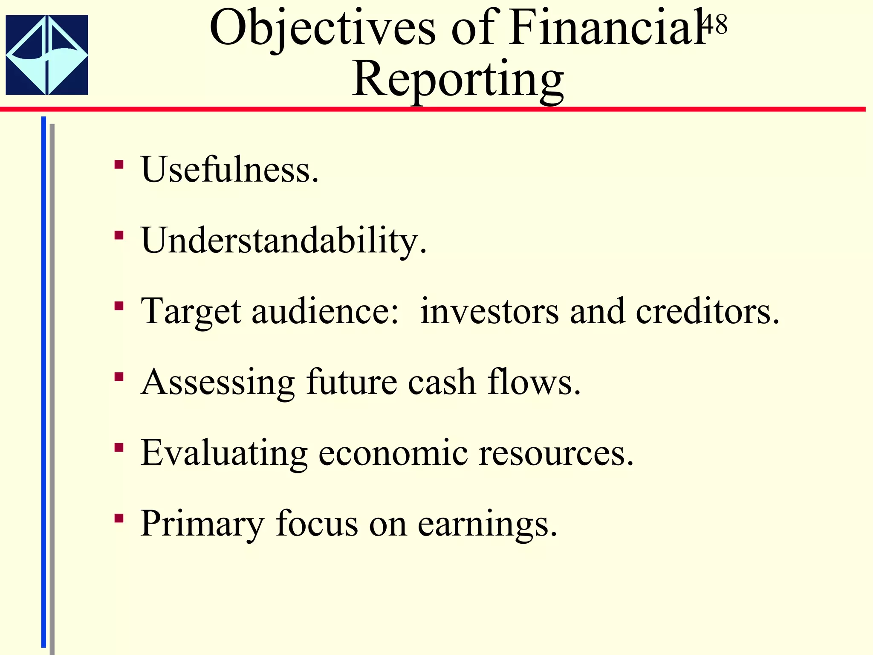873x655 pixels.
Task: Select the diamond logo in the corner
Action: [47, 55]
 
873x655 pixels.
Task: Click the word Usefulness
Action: [230, 169]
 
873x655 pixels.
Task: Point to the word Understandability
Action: [283, 241]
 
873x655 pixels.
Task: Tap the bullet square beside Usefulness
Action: [119, 164]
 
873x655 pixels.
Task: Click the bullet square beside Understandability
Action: [119, 235]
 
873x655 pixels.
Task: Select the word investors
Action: [489, 311]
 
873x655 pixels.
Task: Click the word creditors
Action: [707, 311]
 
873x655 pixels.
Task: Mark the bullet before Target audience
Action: [119, 306]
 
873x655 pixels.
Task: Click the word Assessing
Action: [217, 383]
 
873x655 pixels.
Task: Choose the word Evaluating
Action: [224, 453]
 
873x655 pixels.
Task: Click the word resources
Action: [556, 453]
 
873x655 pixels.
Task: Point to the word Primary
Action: [202, 524]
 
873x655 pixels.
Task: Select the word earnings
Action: [487, 524]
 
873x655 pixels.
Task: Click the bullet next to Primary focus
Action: [119, 518]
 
